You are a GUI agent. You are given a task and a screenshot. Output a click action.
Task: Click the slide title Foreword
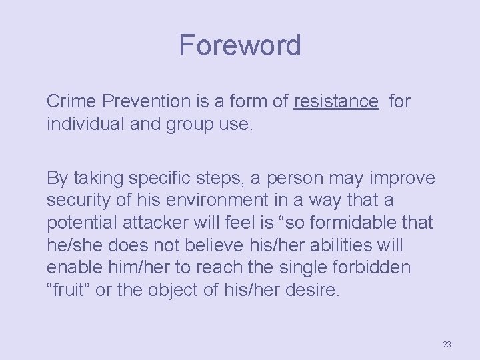(x=240, y=45)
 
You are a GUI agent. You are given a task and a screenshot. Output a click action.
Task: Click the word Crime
(x=69, y=101)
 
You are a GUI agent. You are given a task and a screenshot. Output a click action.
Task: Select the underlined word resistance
(x=336, y=101)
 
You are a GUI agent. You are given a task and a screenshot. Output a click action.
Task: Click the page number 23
(x=447, y=344)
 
